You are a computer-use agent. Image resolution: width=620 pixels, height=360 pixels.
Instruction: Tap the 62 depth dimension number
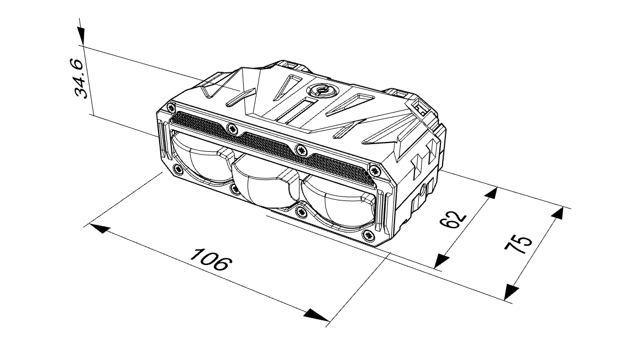(453, 219)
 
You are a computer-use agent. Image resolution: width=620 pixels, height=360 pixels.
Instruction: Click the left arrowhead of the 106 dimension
(99, 228)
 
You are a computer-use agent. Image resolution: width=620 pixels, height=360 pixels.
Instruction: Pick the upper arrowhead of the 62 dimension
(491, 194)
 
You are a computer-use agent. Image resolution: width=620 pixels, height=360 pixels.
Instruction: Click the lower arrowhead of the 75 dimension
(511, 292)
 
